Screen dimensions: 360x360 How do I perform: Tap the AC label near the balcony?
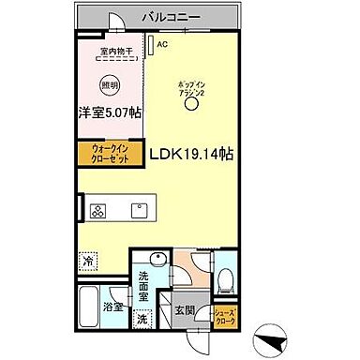(x=162, y=43)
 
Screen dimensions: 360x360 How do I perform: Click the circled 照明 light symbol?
(x=112, y=82)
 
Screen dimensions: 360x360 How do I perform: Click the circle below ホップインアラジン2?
(x=192, y=106)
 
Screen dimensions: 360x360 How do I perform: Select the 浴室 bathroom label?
(x=112, y=307)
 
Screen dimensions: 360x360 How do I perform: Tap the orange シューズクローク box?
(x=225, y=317)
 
